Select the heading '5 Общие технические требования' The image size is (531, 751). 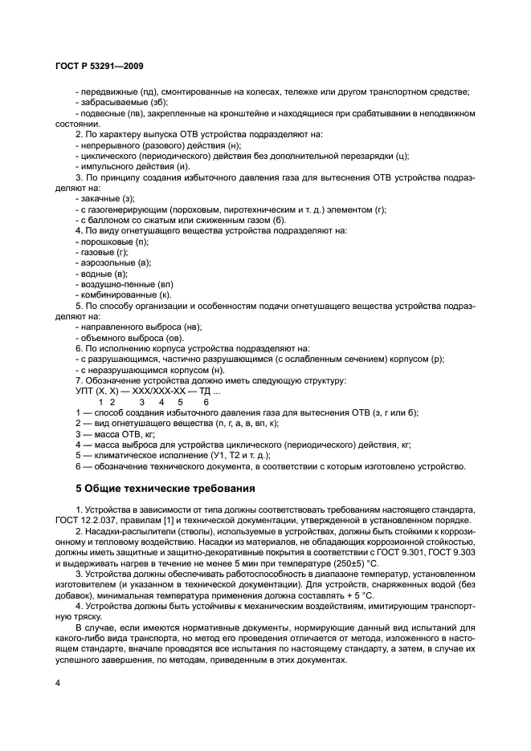165,487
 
